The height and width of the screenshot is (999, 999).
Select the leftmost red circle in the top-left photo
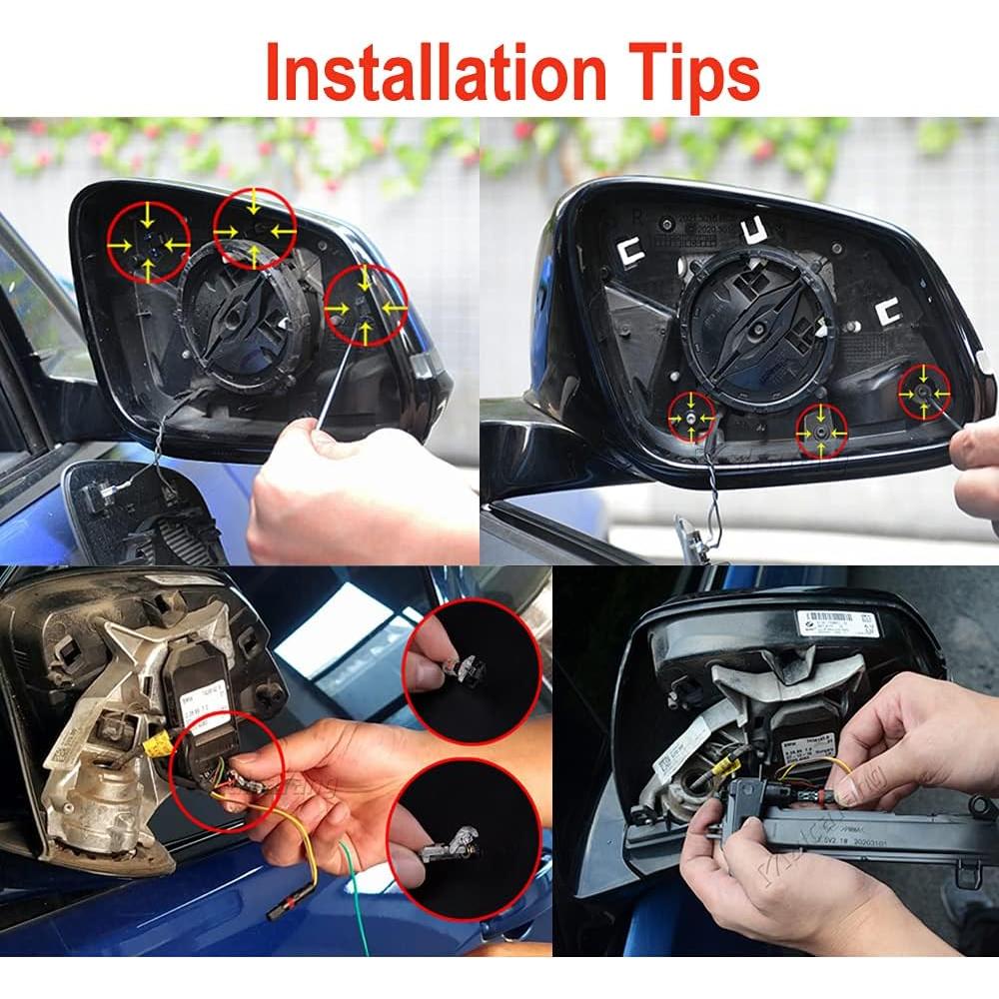click(x=149, y=241)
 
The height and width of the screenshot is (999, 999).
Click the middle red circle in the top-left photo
click(x=255, y=229)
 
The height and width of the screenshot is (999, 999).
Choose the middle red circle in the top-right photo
click(x=820, y=430)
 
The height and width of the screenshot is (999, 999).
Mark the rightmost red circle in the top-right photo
click(x=924, y=392)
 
